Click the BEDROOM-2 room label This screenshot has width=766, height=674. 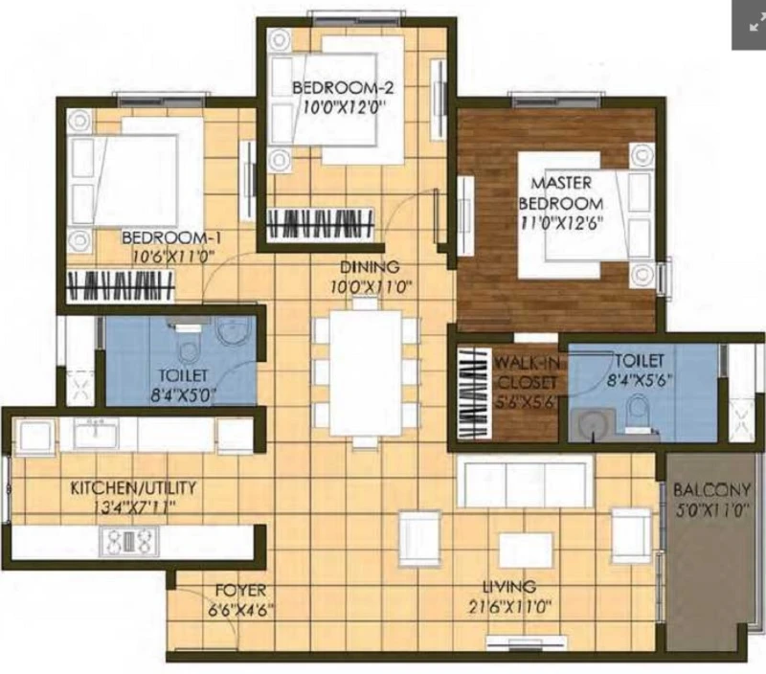pyautogui.click(x=343, y=88)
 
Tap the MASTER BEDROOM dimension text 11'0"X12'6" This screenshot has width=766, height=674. pyautogui.click(x=562, y=223)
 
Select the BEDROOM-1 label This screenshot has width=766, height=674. pyautogui.click(x=171, y=238)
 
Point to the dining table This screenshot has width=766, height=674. pyautogui.click(x=366, y=372)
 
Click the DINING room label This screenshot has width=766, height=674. pyautogui.click(x=370, y=267)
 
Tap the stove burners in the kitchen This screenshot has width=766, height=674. pyautogui.click(x=129, y=541)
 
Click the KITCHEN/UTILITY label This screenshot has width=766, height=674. pyautogui.click(x=133, y=487)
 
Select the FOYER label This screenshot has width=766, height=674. pyautogui.click(x=241, y=591)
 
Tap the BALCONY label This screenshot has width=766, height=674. pyautogui.click(x=711, y=489)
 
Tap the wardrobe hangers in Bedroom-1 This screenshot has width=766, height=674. pyautogui.click(x=121, y=286)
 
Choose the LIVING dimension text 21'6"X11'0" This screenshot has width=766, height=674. pyautogui.click(x=510, y=607)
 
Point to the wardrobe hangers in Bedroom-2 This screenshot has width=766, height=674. pyautogui.click(x=321, y=224)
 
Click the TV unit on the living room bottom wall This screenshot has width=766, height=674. pyautogui.click(x=528, y=643)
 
